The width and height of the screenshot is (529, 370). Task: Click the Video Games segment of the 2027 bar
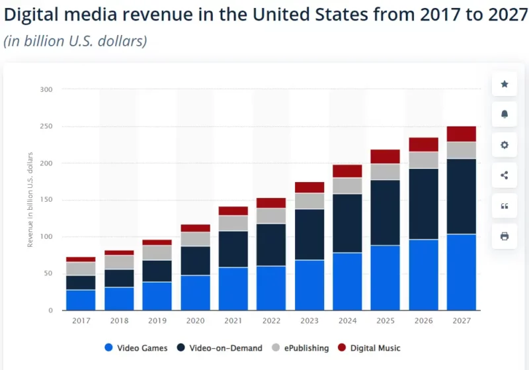(x=462, y=272)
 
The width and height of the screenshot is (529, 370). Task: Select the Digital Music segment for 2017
(x=81, y=259)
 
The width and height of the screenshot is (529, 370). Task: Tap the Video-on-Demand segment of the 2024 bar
(x=347, y=223)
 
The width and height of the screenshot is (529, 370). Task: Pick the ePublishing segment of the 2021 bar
(x=233, y=223)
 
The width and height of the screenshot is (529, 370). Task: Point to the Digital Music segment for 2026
(x=423, y=144)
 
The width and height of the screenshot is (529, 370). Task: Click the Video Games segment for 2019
(x=157, y=296)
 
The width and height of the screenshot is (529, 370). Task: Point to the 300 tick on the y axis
(x=46, y=89)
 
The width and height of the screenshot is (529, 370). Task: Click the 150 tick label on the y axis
(x=46, y=200)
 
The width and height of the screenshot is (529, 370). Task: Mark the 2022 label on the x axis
(x=271, y=321)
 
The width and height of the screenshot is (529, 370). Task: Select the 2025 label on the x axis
(x=386, y=321)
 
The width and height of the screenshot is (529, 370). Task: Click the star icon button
(x=505, y=84)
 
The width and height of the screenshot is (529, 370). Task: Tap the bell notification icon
(x=505, y=115)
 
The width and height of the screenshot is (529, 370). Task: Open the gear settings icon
(x=505, y=145)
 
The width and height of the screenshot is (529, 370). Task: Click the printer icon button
(x=505, y=236)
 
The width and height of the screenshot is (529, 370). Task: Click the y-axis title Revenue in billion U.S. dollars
(x=30, y=199)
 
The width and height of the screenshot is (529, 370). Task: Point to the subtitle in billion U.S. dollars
(x=75, y=41)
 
